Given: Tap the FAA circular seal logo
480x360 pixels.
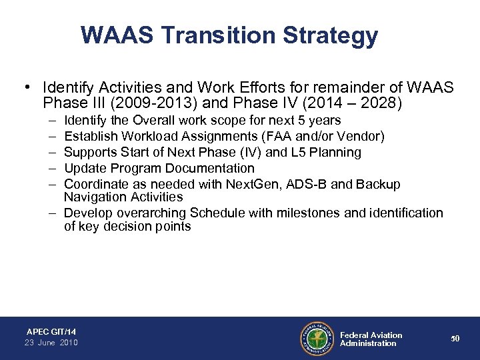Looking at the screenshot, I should pyautogui.click(x=317, y=339).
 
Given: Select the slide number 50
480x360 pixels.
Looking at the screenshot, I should pyautogui.click(x=455, y=339).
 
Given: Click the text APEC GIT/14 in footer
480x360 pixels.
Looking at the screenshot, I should pyautogui.click(x=51, y=331).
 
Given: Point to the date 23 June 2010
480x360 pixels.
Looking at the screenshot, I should pyautogui.click(x=51, y=343).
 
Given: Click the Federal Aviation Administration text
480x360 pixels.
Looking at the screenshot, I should pyautogui.click(x=371, y=339).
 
